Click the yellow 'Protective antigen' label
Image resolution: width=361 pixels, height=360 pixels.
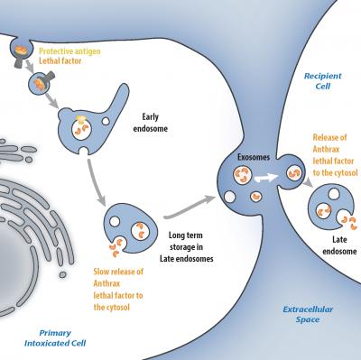(69, 51)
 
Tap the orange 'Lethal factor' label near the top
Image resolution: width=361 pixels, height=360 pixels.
(60, 60)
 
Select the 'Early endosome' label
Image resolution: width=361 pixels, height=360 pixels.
(151, 123)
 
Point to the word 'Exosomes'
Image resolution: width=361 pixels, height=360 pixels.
(254, 157)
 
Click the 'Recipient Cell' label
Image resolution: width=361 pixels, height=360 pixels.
(323, 81)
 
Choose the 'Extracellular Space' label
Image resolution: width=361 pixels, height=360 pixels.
(308, 314)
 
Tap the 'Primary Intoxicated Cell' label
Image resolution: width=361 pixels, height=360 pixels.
(55, 337)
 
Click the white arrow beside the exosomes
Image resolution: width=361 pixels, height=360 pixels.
(266, 178)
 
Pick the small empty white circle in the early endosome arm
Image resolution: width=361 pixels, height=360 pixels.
(106, 121)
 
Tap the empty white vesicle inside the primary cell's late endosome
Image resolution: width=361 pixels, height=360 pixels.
(115, 222)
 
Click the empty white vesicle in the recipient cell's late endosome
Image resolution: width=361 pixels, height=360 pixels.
(334, 194)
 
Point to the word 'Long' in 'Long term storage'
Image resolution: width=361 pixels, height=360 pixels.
(176, 235)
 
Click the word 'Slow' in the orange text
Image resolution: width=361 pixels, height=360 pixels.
(101, 272)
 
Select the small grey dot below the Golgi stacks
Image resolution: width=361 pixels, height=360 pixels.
(62, 274)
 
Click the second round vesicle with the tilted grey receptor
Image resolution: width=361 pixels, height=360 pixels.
(38, 83)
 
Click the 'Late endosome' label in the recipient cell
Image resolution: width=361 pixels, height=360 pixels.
(339, 245)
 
